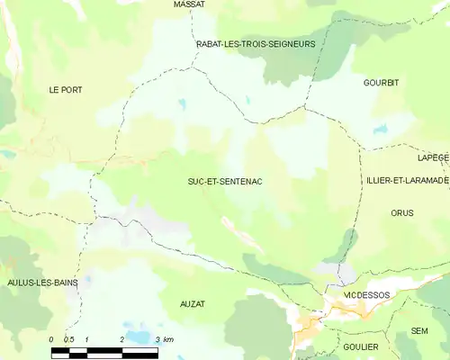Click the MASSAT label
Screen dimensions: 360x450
(189, 4)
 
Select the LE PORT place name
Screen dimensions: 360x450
(66, 90)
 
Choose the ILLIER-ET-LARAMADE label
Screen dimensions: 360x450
(407, 181)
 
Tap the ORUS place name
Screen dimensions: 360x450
(402, 213)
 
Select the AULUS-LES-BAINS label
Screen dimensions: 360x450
(41, 283)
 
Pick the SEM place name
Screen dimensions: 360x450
(419, 331)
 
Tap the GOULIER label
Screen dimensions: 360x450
(361, 346)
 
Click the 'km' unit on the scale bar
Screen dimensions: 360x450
(168, 339)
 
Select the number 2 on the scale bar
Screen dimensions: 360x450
(121, 339)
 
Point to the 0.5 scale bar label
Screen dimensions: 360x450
(69, 339)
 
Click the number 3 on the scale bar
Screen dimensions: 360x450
(157, 339)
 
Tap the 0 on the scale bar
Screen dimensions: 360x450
(51, 339)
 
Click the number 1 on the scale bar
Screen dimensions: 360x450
(86, 339)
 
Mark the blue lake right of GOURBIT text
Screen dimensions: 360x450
(381, 130)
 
